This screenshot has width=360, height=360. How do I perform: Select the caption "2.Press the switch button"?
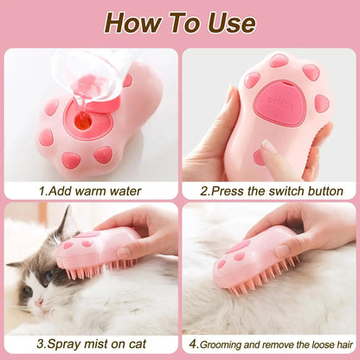(x=271, y=190)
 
